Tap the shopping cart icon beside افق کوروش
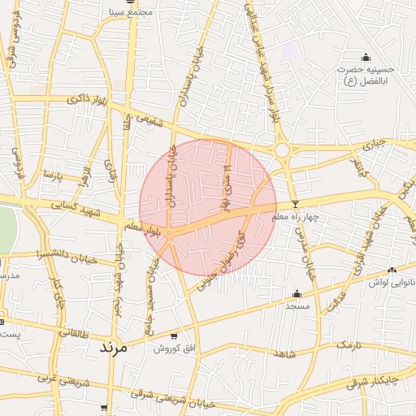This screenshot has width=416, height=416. pyautogui.click(x=173, y=336)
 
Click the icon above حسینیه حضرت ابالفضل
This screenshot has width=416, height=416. pyautogui.click(x=366, y=57)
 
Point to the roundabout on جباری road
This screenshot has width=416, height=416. pyautogui.click(x=282, y=150)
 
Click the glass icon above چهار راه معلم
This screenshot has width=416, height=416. pyautogui.click(x=295, y=204)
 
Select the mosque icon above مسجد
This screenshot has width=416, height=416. pyautogui.click(x=297, y=294)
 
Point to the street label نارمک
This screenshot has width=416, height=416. pyautogui.click(x=347, y=345)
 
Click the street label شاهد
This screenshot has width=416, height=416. pyautogui.click(x=284, y=355)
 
